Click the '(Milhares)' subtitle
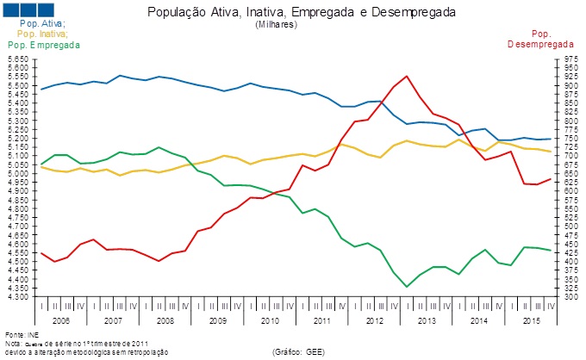pos(277,26)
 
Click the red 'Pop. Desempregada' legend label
pos(540,38)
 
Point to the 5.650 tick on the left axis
pos(17,59)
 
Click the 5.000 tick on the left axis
pos(17,174)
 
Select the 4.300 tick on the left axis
pos(17,297)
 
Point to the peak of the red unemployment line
pos(407,76)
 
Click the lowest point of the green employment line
pos(407,287)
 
